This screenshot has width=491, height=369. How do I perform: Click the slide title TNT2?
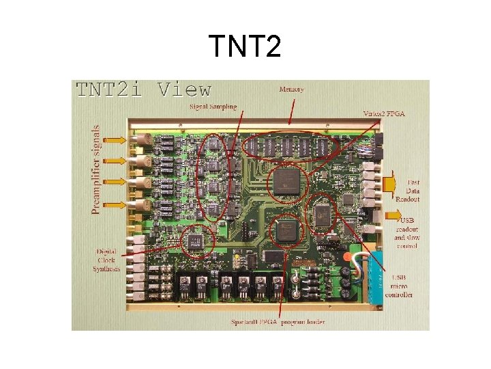click(x=245, y=46)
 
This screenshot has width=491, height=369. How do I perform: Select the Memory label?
click(x=291, y=90)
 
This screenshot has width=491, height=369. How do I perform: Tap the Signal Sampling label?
click(x=213, y=107)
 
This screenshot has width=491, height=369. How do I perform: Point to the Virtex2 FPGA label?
click(x=383, y=113)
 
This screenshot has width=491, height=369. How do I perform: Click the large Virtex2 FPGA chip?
click(x=286, y=183)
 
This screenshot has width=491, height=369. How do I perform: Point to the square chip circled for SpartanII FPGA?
click(x=286, y=231)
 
